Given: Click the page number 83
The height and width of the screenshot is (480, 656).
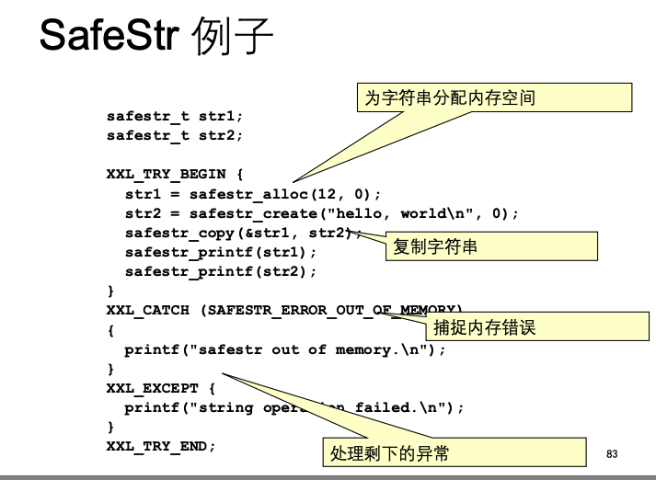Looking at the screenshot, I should click(x=613, y=453).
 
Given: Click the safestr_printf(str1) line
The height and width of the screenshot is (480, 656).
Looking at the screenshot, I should click(x=220, y=252).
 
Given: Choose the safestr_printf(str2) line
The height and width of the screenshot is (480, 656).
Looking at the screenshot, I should click(x=220, y=271).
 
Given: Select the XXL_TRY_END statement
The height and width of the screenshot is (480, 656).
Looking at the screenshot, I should click(x=161, y=446).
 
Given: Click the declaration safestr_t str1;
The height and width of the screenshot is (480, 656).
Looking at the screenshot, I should click(x=175, y=117).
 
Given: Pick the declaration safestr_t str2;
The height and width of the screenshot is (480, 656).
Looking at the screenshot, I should click(x=175, y=136).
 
